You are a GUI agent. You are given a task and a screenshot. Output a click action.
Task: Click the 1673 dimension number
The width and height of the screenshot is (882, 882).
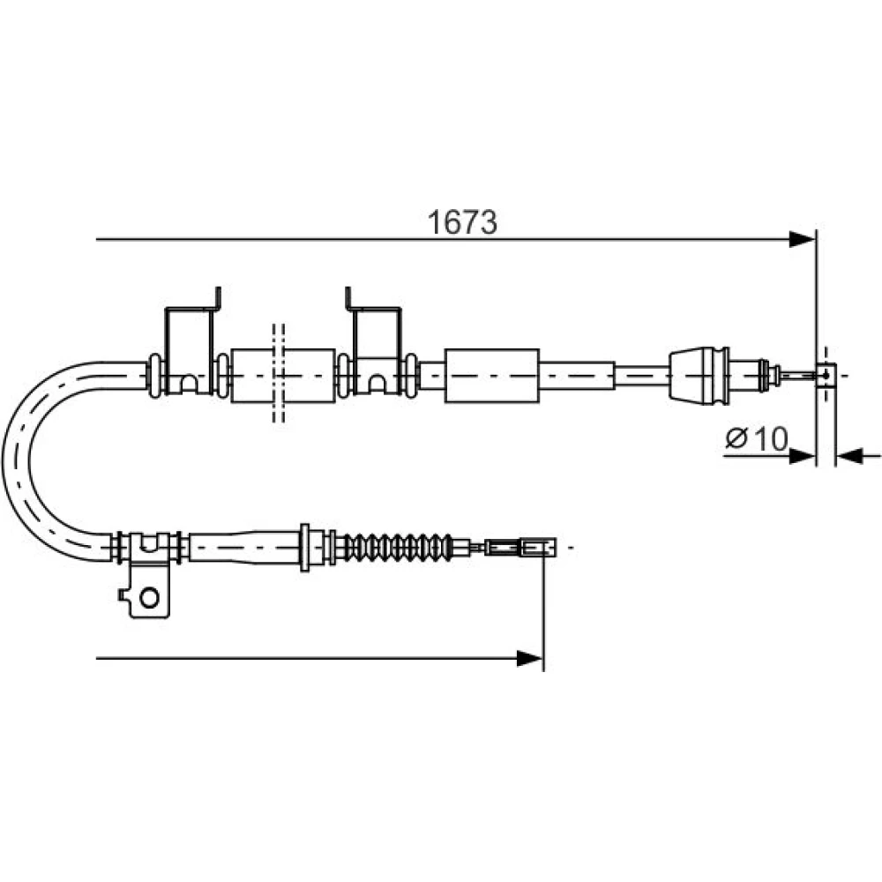point(462,222)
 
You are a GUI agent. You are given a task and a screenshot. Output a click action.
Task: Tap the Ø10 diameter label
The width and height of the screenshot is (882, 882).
point(757,438)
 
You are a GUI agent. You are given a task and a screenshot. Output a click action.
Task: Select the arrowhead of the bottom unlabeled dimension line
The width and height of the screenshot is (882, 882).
point(530,658)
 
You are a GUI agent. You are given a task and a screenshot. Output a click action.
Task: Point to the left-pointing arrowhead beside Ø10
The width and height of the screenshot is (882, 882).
point(850,456)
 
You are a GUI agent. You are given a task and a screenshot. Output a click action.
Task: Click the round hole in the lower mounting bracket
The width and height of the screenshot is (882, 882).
point(149,597)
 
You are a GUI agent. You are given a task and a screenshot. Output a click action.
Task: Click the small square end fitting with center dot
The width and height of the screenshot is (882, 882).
point(826,375)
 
